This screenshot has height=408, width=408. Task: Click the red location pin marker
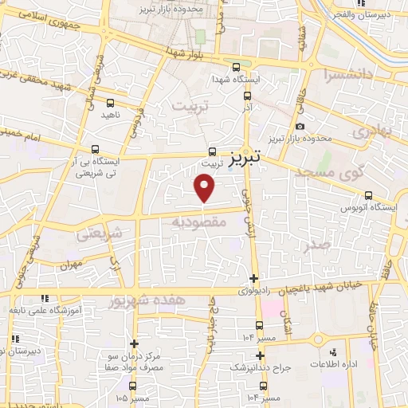click(205, 187)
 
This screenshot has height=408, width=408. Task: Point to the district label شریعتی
click(100, 233)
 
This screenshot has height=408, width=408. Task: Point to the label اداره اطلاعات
click(344, 364)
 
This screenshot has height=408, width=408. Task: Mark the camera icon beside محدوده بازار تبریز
click(300, 126)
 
